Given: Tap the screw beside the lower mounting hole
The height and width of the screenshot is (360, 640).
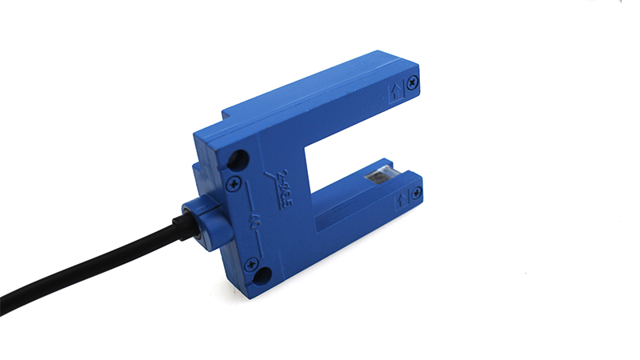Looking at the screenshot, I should pos(251,262).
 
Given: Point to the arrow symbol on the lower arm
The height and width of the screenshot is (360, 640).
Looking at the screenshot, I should pos(401,197).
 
